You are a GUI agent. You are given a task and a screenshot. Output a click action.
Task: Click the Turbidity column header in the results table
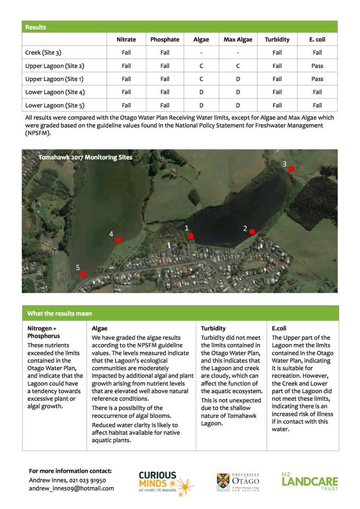click(x=277, y=39)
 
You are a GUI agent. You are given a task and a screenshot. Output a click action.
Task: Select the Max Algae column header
click(x=238, y=39)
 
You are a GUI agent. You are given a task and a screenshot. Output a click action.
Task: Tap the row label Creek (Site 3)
click(x=47, y=52)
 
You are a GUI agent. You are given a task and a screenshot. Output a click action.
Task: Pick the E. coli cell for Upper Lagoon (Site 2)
click(x=317, y=66)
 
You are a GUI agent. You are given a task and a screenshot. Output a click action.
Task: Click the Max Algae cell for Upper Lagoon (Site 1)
click(x=238, y=79)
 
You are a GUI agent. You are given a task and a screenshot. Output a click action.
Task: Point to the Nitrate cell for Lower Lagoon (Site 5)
click(x=126, y=105)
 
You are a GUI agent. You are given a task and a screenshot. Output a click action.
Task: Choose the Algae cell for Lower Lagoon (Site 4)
click(x=201, y=92)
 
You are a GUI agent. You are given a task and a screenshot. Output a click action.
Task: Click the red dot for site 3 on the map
click(x=291, y=169)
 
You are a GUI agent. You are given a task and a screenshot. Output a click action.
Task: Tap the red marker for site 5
click(x=83, y=274)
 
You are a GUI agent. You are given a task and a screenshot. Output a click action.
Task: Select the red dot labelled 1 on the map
click(x=191, y=236)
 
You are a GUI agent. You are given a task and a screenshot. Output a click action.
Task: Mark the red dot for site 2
click(x=252, y=232)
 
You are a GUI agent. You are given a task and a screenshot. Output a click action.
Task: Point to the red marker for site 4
click(x=118, y=240)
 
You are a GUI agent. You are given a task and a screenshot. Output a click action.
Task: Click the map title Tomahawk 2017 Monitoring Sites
click(x=85, y=157)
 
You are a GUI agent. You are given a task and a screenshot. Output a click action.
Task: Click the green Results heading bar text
click(x=36, y=27)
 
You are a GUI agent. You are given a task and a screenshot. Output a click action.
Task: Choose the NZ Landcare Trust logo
click(x=310, y=480)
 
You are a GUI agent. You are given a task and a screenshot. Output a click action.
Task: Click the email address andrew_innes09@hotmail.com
click(x=71, y=488)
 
